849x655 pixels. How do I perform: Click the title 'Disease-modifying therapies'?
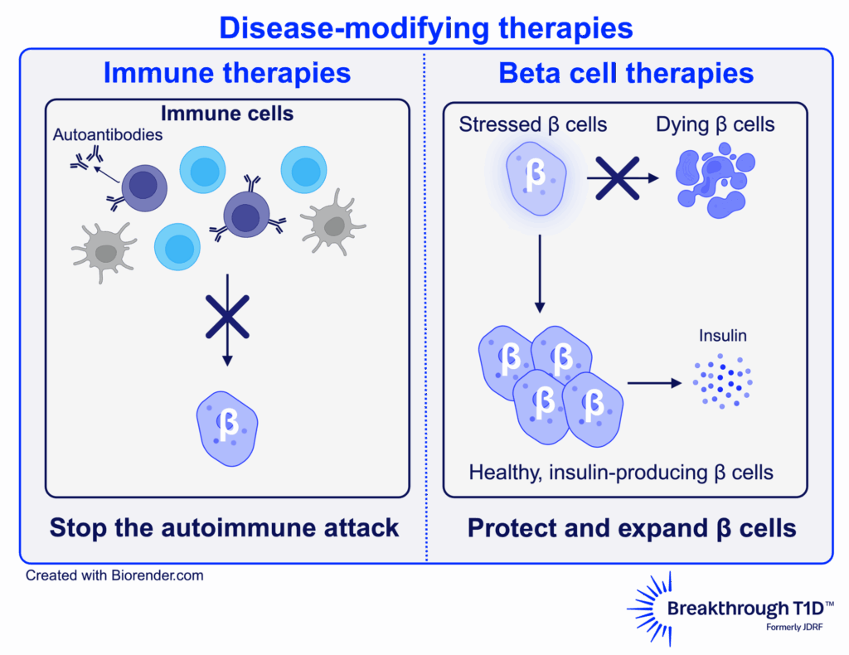coord(426,28)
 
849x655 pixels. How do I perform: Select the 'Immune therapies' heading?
coord(227,73)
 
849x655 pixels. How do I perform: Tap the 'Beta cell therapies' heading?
coord(626,73)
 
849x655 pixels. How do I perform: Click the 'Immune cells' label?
coord(227,114)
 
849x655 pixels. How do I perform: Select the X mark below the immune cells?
coord(227,316)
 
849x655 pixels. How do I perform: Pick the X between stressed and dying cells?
coord(618,177)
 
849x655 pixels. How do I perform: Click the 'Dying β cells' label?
coord(716,125)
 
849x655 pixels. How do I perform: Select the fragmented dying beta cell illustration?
coord(713,177)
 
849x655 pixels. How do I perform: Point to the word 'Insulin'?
coord(722,336)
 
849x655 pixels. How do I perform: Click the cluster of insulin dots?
coord(722,382)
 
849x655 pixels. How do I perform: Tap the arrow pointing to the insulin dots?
coord(655,383)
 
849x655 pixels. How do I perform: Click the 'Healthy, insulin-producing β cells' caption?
coord(621,473)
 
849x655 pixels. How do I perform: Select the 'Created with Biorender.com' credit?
coord(114,575)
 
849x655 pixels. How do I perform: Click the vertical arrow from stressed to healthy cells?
coord(540,274)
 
